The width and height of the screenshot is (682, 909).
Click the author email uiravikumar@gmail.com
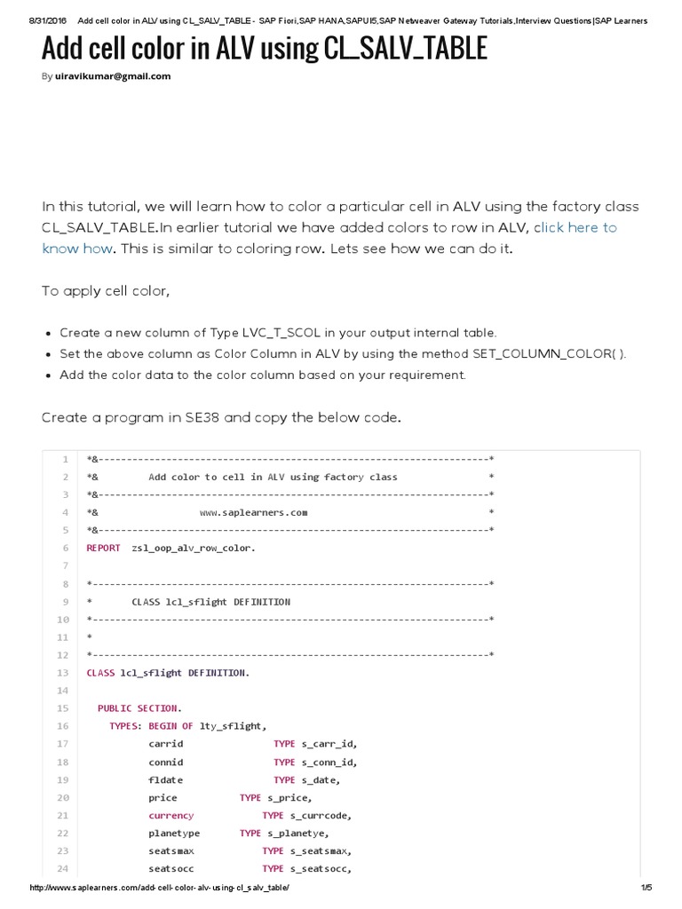pyautogui.click(x=112, y=76)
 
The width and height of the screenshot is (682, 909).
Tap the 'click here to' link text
pyautogui.click(x=575, y=228)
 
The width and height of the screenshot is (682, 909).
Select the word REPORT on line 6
pyautogui.click(x=103, y=548)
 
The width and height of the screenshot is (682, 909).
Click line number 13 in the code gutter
pyautogui.click(x=63, y=673)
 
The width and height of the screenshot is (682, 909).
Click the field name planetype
pyautogui.click(x=174, y=834)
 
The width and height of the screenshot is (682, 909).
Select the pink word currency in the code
pyautogui.click(x=170, y=816)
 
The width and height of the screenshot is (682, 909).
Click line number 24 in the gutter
pyautogui.click(x=63, y=869)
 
